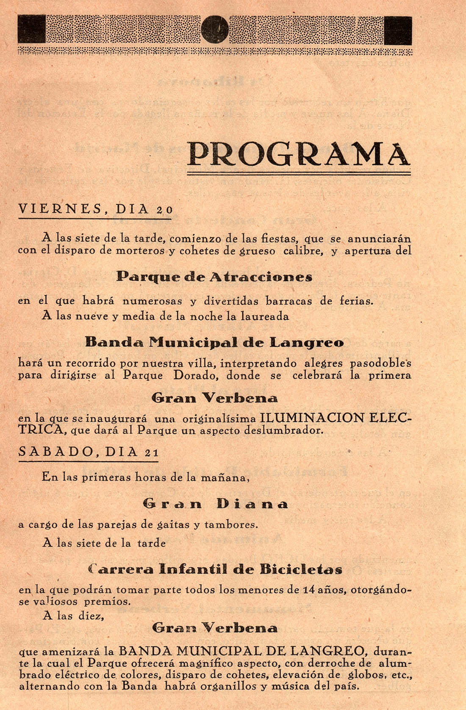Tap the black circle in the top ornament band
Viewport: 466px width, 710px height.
point(215,30)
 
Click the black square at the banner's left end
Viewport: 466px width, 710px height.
point(32,30)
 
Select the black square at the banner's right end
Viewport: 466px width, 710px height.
point(398,31)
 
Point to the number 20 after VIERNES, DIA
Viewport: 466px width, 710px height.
point(164,210)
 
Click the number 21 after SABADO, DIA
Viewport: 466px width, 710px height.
point(152,452)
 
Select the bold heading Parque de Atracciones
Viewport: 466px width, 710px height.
point(214,277)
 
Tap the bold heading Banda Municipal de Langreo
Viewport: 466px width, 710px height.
point(214,342)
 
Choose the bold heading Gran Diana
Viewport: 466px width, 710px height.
point(215,504)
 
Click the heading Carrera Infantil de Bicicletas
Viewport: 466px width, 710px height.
point(215,569)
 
